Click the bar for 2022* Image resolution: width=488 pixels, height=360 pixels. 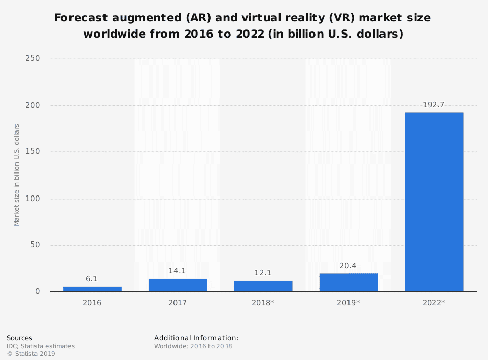(x=434, y=202)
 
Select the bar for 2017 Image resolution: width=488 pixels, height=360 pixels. (x=178, y=285)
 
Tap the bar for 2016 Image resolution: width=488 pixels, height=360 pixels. (x=92, y=289)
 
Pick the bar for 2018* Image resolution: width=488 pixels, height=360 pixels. (x=263, y=286)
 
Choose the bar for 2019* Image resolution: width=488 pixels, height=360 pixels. (x=348, y=283)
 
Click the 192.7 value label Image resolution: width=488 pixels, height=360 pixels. (x=434, y=105)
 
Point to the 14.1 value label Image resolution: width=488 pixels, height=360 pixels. (x=178, y=271)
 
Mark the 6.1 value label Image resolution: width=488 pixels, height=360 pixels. (x=92, y=279)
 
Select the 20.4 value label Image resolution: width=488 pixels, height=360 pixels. (x=348, y=265)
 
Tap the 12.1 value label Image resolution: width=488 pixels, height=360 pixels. (x=263, y=273)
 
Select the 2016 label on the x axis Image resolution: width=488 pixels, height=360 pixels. (x=92, y=303)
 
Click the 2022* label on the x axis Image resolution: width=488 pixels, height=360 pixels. (x=434, y=303)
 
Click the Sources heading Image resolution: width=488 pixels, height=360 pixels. (x=19, y=338)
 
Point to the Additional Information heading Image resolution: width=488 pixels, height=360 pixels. (x=196, y=338)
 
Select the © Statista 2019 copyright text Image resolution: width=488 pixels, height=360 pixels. (x=31, y=354)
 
